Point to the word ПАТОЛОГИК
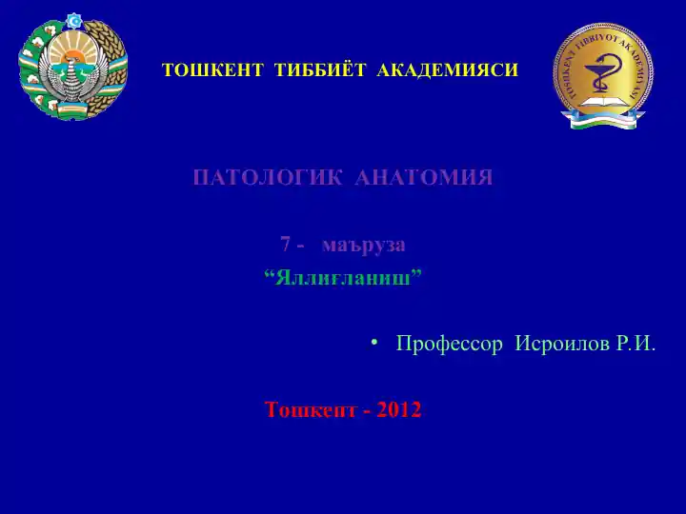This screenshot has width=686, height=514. click(268, 178)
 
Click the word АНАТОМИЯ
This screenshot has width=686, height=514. click(423, 178)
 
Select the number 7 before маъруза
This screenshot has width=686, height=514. click(285, 244)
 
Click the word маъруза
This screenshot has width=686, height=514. click(364, 244)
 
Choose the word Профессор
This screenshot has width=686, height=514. click(449, 344)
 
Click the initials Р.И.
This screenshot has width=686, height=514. click(636, 344)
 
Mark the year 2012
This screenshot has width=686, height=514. click(398, 410)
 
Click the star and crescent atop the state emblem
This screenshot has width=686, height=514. click(73, 20)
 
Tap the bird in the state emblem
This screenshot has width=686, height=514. click(72, 76)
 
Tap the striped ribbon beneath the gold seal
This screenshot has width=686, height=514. click(602, 121)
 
